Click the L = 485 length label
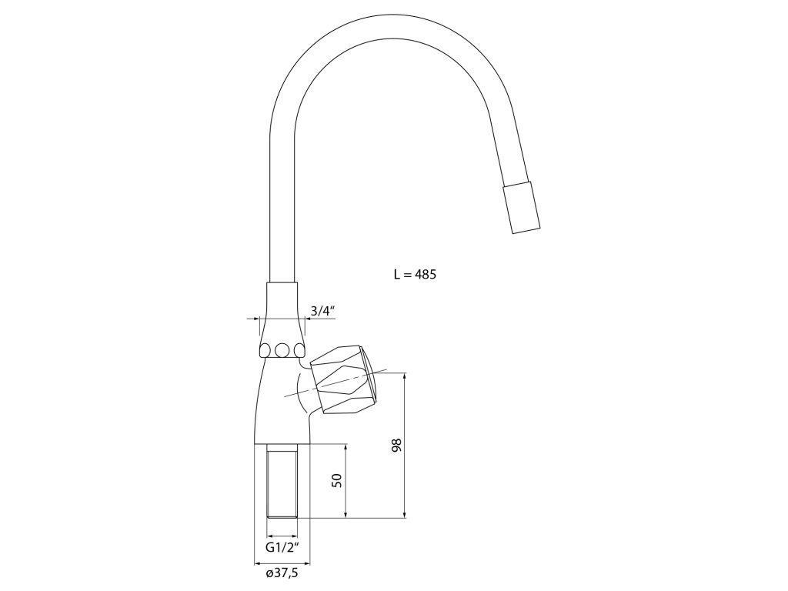[x=415, y=275]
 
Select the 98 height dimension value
[x=397, y=446]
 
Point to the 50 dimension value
[x=337, y=480]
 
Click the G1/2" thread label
[x=282, y=547]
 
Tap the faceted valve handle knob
[x=344, y=379]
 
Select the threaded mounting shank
[x=282, y=481]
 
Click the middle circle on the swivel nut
[x=282, y=350]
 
